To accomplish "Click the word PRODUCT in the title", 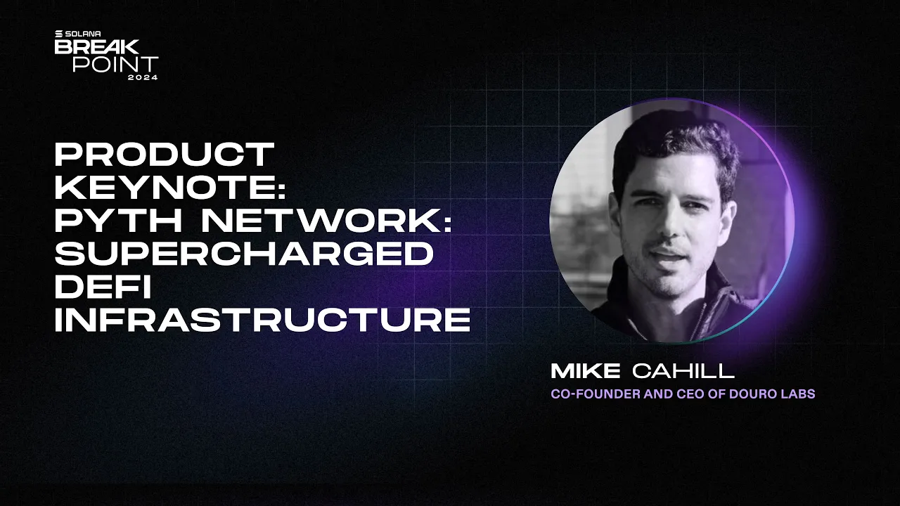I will [x=165, y=155].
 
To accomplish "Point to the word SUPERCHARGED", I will [x=243, y=254].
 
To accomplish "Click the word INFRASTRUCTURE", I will [x=262, y=320].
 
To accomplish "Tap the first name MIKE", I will [x=586, y=371].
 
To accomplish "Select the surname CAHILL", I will [x=683, y=371].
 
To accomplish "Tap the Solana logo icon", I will [x=59, y=33].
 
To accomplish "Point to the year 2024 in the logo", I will [x=143, y=77].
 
